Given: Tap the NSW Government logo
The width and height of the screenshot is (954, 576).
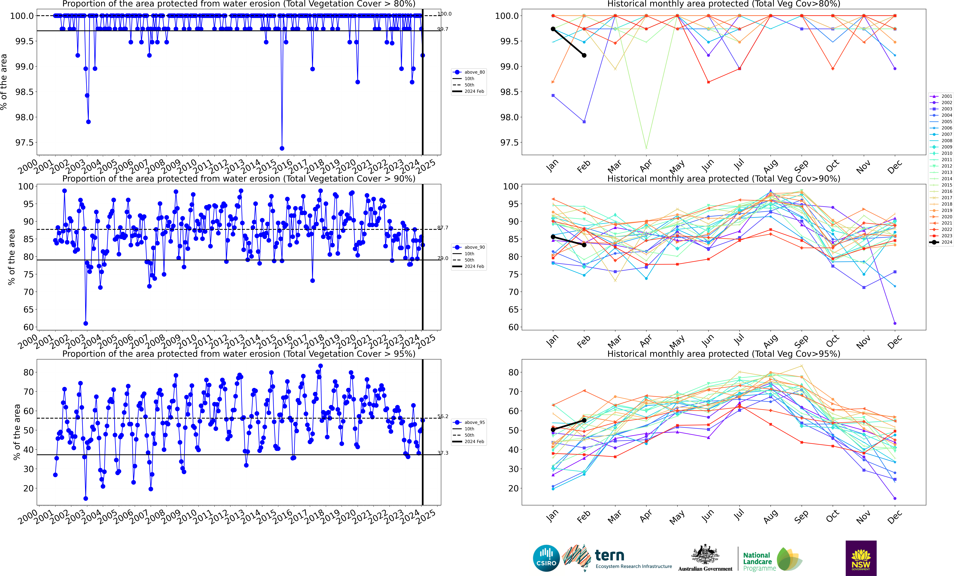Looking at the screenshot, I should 861,558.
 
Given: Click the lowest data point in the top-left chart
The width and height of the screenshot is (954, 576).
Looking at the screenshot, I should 282,148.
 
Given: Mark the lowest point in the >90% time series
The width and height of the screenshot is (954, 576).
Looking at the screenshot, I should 86,323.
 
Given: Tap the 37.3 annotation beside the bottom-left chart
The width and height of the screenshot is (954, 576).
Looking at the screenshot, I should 443,453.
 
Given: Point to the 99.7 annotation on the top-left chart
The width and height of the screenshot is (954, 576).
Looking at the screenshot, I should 443,29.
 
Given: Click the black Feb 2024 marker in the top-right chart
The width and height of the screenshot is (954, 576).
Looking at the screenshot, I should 584,55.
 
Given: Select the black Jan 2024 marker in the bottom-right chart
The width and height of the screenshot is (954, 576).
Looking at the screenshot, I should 553,430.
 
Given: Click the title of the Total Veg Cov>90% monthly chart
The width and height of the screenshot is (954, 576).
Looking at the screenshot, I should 724,179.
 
